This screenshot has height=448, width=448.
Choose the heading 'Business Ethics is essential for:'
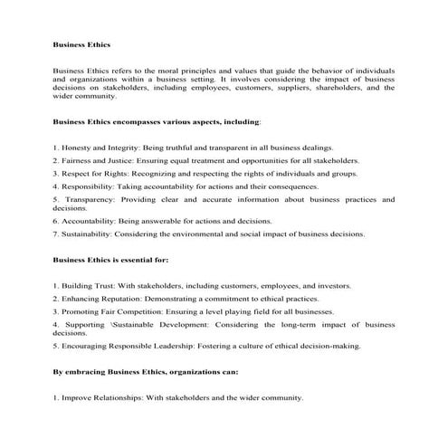click(110, 260)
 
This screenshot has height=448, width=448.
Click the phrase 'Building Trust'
click(88, 285)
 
